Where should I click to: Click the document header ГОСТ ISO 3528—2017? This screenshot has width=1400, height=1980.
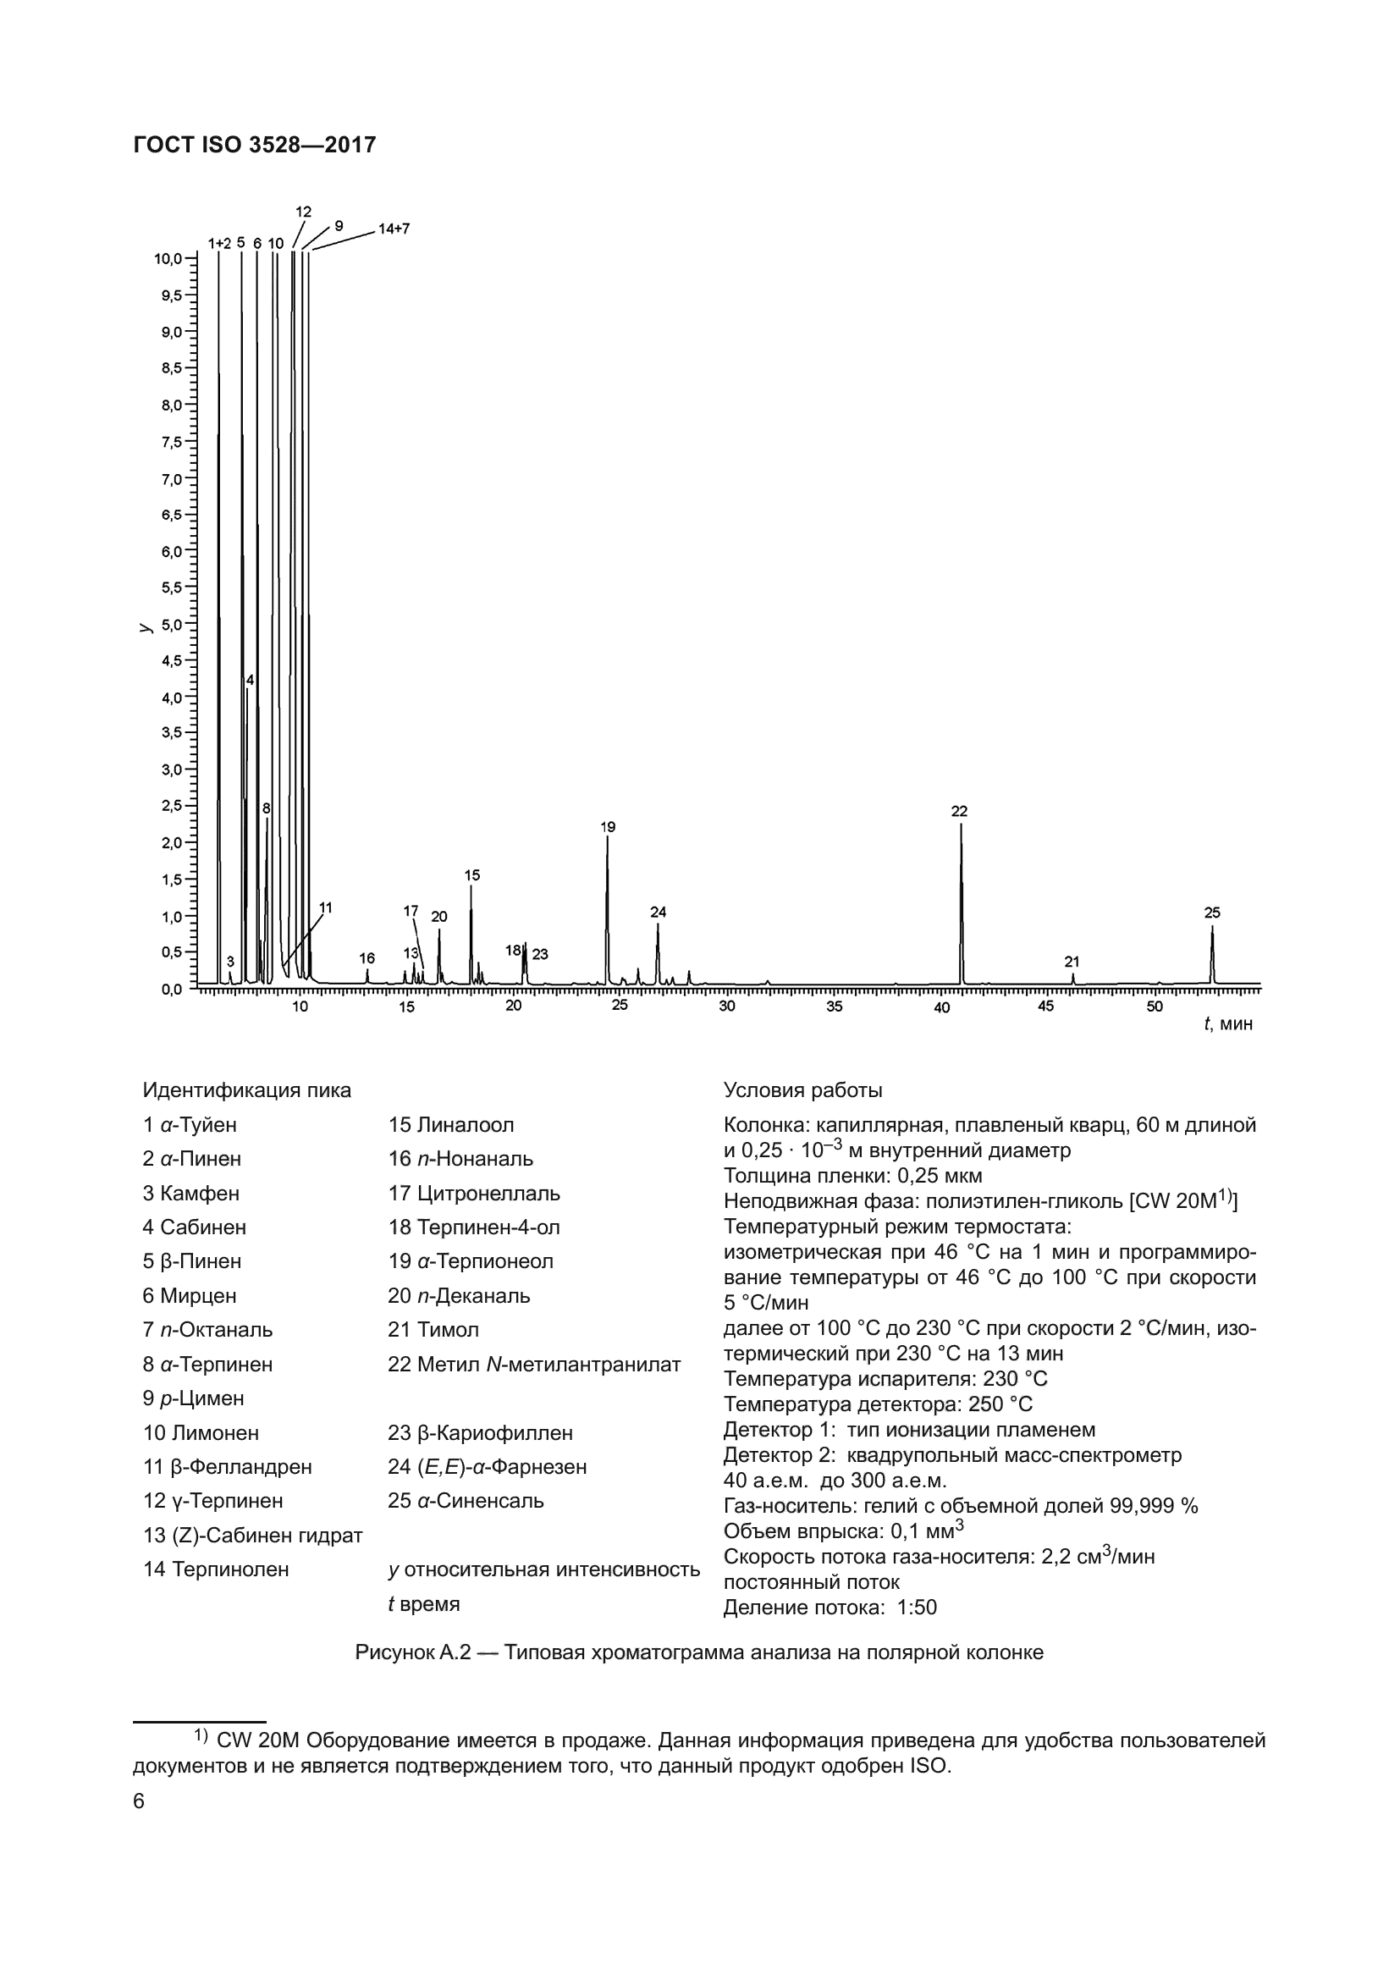click(x=255, y=145)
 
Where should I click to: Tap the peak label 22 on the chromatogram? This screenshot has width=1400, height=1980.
click(x=960, y=812)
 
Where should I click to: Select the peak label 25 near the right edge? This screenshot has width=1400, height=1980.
click(x=1212, y=913)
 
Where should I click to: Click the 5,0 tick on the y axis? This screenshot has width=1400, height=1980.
click(x=173, y=625)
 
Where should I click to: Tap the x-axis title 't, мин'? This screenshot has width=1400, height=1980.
click(x=1228, y=1023)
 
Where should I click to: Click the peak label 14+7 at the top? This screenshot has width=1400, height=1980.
click(x=394, y=229)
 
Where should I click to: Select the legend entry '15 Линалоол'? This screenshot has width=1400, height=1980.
click(x=451, y=1125)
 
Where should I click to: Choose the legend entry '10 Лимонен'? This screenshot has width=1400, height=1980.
click(x=201, y=1433)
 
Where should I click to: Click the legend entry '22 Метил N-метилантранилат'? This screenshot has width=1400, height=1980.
click(x=534, y=1365)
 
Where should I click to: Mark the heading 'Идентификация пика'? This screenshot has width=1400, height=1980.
click(x=247, y=1091)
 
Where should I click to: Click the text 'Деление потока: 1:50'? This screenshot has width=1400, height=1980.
click(x=830, y=1608)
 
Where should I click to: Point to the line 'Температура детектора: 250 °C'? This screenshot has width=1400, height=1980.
click(x=878, y=1405)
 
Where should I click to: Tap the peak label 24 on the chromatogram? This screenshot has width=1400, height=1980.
click(x=659, y=913)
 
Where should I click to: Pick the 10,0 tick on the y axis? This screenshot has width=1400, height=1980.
click(x=170, y=259)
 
